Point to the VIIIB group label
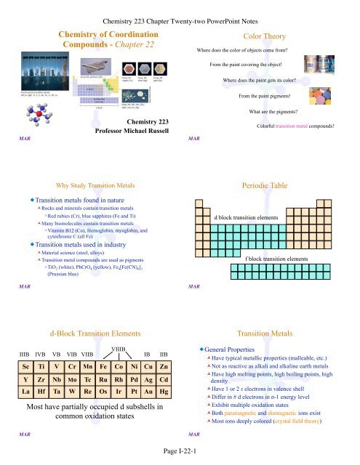119,349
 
